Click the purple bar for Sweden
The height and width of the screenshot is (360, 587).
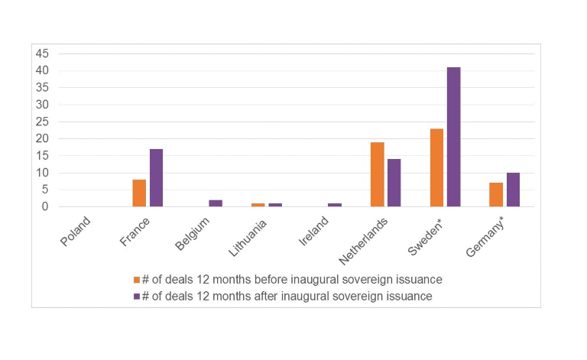453,137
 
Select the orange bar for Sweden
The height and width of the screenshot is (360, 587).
436,167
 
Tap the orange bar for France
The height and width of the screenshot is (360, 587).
139,193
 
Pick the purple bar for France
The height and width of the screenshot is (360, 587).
156,177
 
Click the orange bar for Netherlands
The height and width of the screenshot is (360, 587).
377,174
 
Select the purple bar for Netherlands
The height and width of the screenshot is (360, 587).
394,183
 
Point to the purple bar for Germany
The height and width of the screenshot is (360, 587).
513,190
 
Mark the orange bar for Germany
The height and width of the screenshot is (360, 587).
496,194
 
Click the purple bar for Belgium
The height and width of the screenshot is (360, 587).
216,203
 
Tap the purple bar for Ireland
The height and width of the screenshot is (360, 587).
334,205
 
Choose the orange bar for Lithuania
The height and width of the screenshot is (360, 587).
258,205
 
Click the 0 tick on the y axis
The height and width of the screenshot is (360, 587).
45,206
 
